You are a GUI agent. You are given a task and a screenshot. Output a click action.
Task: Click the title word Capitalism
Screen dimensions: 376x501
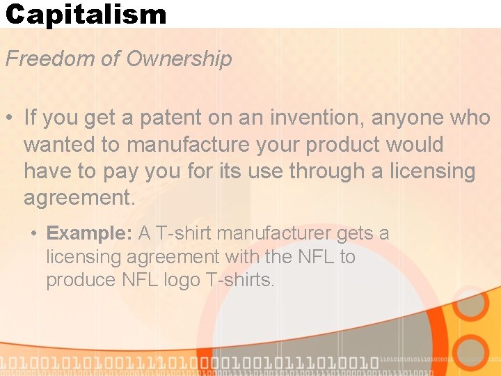click(x=86, y=14)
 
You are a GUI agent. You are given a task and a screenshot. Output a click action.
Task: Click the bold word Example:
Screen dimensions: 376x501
click(x=89, y=233)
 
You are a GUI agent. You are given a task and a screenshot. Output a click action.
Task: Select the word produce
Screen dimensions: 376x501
click(x=76, y=281)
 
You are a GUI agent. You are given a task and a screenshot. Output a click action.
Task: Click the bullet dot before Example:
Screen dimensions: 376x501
click(x=34, y=234)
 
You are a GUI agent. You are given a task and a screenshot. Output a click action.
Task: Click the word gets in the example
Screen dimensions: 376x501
click(x=353, y=234)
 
